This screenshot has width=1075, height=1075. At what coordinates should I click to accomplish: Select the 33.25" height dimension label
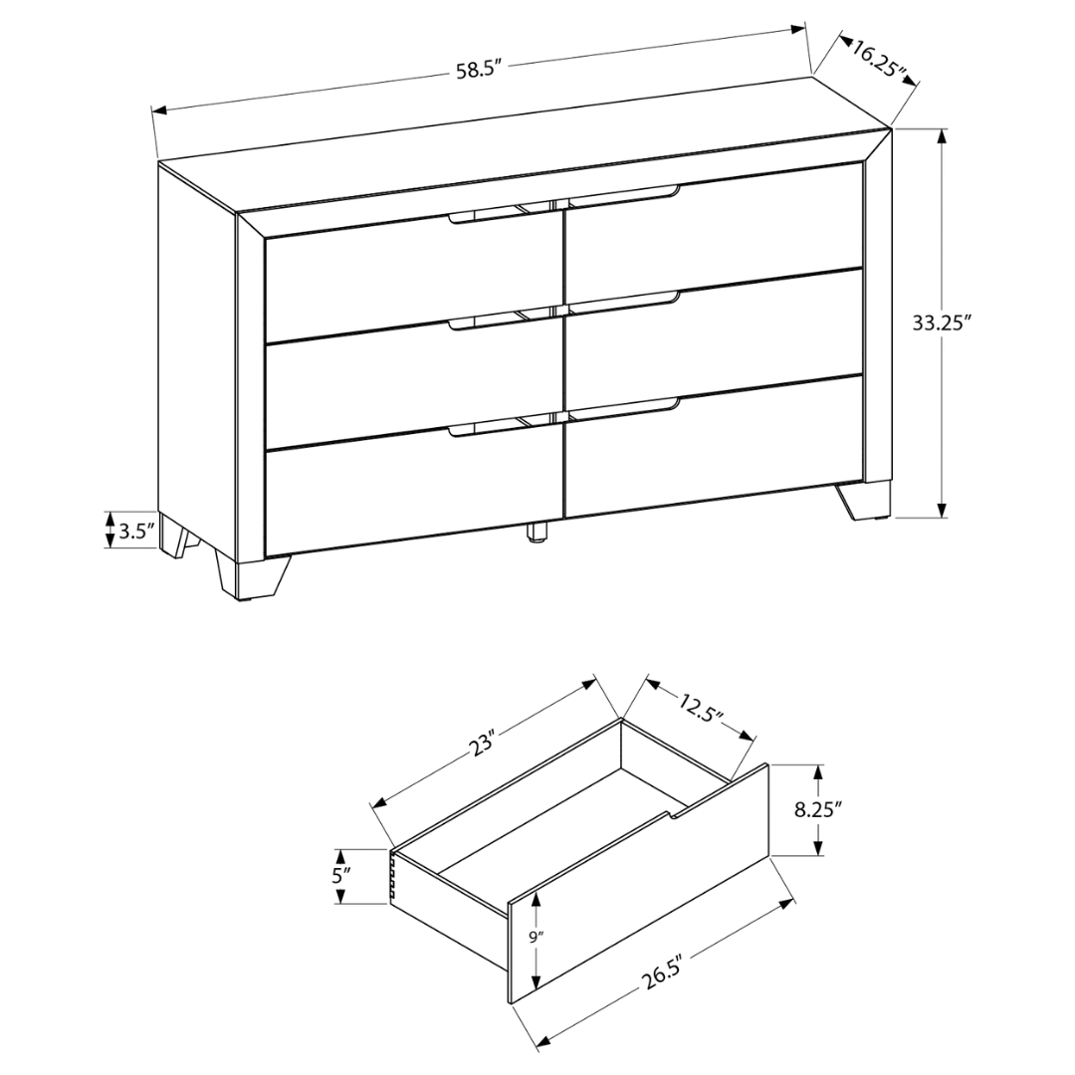click(941, 322)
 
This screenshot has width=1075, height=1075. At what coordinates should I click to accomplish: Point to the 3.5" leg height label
click(136, 531)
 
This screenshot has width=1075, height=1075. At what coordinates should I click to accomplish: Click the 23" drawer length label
click(484, 742)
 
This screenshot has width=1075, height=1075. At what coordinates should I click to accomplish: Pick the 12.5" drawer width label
click(701, 709)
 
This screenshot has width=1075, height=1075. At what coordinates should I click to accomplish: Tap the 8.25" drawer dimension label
click(818, 809)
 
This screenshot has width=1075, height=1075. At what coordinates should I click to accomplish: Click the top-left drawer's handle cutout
click(484, 216)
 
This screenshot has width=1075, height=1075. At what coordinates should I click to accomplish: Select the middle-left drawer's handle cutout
click(484, 321)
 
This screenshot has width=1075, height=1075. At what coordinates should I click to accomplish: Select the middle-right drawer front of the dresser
click(712, 335)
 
